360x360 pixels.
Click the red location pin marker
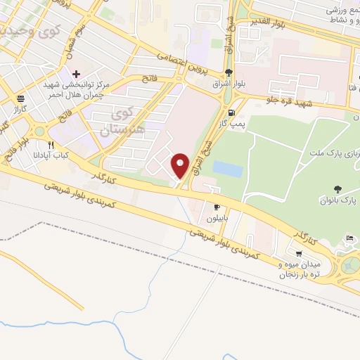(181, 165)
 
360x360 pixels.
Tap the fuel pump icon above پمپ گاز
(231, 112)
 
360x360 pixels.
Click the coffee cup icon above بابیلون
(217, 207)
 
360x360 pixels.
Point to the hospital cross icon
(77, 74)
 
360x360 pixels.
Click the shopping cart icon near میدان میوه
(300, 254)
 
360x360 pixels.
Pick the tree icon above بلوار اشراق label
(229, 72)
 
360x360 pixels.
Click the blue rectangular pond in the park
(227, 169)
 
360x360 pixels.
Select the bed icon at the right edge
(349, 239)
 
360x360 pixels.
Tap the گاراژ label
(19, 110)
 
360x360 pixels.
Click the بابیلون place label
(219, 218)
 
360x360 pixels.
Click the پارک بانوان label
(342, 203)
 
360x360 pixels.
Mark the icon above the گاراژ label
(20, 98)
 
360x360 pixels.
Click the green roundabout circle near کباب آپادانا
(40, 131)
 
